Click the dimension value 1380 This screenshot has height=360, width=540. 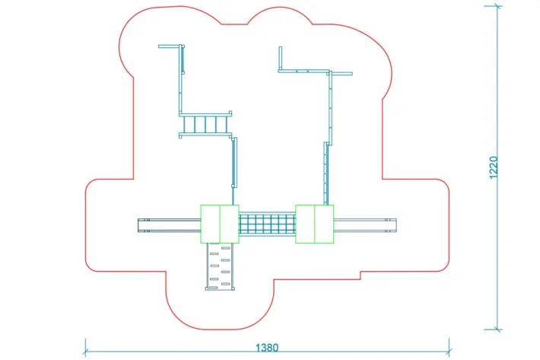click(266, 348)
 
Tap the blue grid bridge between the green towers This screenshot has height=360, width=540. click(267, 225)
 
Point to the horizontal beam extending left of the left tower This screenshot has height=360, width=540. click(169, 225)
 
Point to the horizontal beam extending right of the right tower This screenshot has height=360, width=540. click(366, 225)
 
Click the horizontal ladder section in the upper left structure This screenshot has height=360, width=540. click(205, 125)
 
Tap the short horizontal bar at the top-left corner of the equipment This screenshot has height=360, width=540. click(170, 46)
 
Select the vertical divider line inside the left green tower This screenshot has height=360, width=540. click(220, 224)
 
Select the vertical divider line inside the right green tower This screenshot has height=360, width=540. click(314, 224)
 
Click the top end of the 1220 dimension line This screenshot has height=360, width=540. click(498, 7)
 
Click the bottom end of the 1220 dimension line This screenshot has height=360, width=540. click(498, 329)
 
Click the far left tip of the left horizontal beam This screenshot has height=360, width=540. click(139, 225)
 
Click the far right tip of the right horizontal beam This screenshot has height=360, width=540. click(396, 225)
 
